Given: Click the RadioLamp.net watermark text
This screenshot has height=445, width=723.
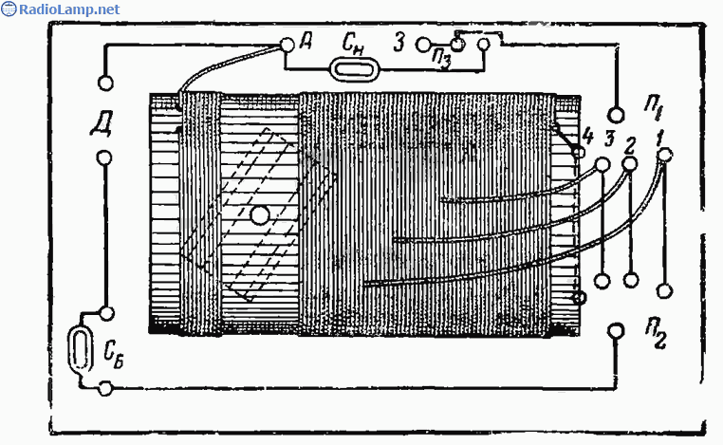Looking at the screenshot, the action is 69,9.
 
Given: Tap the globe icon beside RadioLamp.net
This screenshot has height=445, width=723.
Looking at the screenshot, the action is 9,9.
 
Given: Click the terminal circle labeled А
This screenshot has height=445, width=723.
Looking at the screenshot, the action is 287,45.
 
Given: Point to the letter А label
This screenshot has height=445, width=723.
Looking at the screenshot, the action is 306,42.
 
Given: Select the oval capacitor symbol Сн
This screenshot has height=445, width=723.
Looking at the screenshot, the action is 354,69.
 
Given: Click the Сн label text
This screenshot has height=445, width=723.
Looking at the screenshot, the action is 353,45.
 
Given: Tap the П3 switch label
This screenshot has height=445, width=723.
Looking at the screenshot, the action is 441,59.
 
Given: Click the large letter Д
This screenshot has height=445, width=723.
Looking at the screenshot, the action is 102,123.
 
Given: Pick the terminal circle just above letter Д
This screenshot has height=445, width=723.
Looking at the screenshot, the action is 105,83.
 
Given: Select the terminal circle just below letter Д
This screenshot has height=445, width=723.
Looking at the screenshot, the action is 104,158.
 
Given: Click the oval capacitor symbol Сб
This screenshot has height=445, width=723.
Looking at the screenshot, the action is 81,348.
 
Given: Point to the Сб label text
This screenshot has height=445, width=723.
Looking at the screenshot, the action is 114,356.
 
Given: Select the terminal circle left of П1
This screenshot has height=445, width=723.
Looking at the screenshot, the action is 617,115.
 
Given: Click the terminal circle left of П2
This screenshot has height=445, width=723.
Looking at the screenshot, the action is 616,330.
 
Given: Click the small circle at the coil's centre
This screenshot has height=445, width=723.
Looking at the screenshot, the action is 260,214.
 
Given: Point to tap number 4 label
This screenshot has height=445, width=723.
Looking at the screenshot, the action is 588,137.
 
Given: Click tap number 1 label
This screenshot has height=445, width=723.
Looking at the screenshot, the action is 659,138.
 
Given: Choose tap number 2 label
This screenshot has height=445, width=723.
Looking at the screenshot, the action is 629,146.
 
